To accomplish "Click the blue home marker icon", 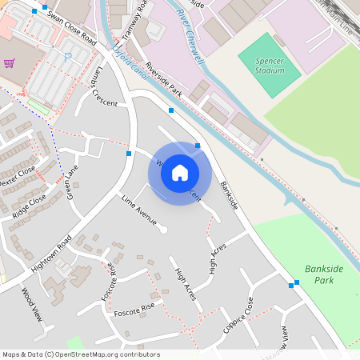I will pos(180,173).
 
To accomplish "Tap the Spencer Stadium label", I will pos(270,66).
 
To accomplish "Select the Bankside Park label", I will pos(323,274).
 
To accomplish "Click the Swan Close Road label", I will pos(72,28).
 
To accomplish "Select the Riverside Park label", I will pos(164,82).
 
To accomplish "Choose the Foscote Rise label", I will pos(134,310).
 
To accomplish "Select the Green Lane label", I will pos(71,182).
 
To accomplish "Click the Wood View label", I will pos(31,304).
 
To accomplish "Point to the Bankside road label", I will pos(229,194).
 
